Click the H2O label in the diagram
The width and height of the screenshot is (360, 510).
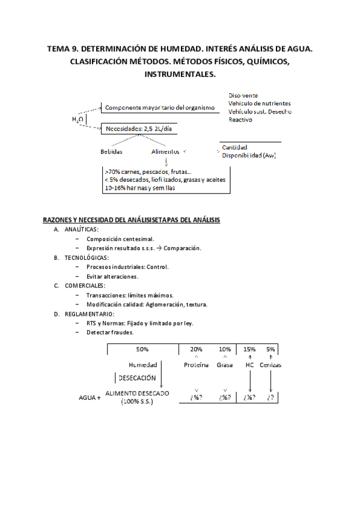click(x=78, y=119)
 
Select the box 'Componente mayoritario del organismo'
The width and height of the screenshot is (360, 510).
click(x=159, y=108)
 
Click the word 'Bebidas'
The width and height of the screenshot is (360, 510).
click(x=111, y=152)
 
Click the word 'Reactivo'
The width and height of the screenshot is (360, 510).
click(x=240, y=120)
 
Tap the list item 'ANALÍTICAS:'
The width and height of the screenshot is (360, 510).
click(x=82, y=230)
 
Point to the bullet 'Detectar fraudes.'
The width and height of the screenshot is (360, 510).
click(x=110, y=332)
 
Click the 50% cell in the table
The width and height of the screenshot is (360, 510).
click(x=142, y=349)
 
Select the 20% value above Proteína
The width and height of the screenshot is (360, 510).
click(x=197, y=349)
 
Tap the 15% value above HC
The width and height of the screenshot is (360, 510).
click(x=249, y=349)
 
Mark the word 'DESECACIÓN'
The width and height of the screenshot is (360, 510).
click(x=138, y=378)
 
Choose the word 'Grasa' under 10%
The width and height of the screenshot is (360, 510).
click(x=225, y=365)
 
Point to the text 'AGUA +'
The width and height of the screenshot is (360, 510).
click(x=90, y=398)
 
